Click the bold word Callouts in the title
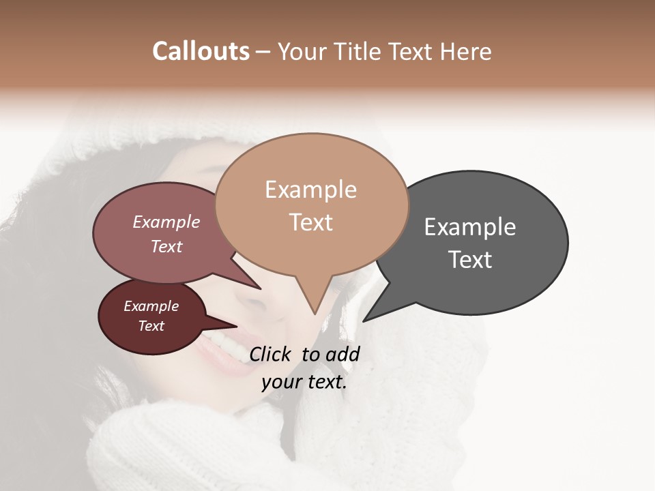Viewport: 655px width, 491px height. click(201, 51)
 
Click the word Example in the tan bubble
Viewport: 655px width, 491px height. click(310, 190)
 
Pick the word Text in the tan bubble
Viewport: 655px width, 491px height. click(310, 222)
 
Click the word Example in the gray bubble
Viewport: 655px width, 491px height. click(470, 227)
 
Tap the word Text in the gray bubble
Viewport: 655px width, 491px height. click(470, 260)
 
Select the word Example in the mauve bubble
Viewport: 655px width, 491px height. click(166, 222)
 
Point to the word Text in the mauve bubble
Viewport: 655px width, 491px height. click(166, 246)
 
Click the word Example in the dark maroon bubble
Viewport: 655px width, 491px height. click(151, 306)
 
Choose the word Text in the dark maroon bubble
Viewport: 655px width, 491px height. click(151, 326)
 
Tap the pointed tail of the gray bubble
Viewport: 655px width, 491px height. click(366, 319)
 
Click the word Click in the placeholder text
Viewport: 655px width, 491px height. click(271, 354)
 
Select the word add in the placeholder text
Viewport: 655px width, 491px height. click(343, 354)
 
